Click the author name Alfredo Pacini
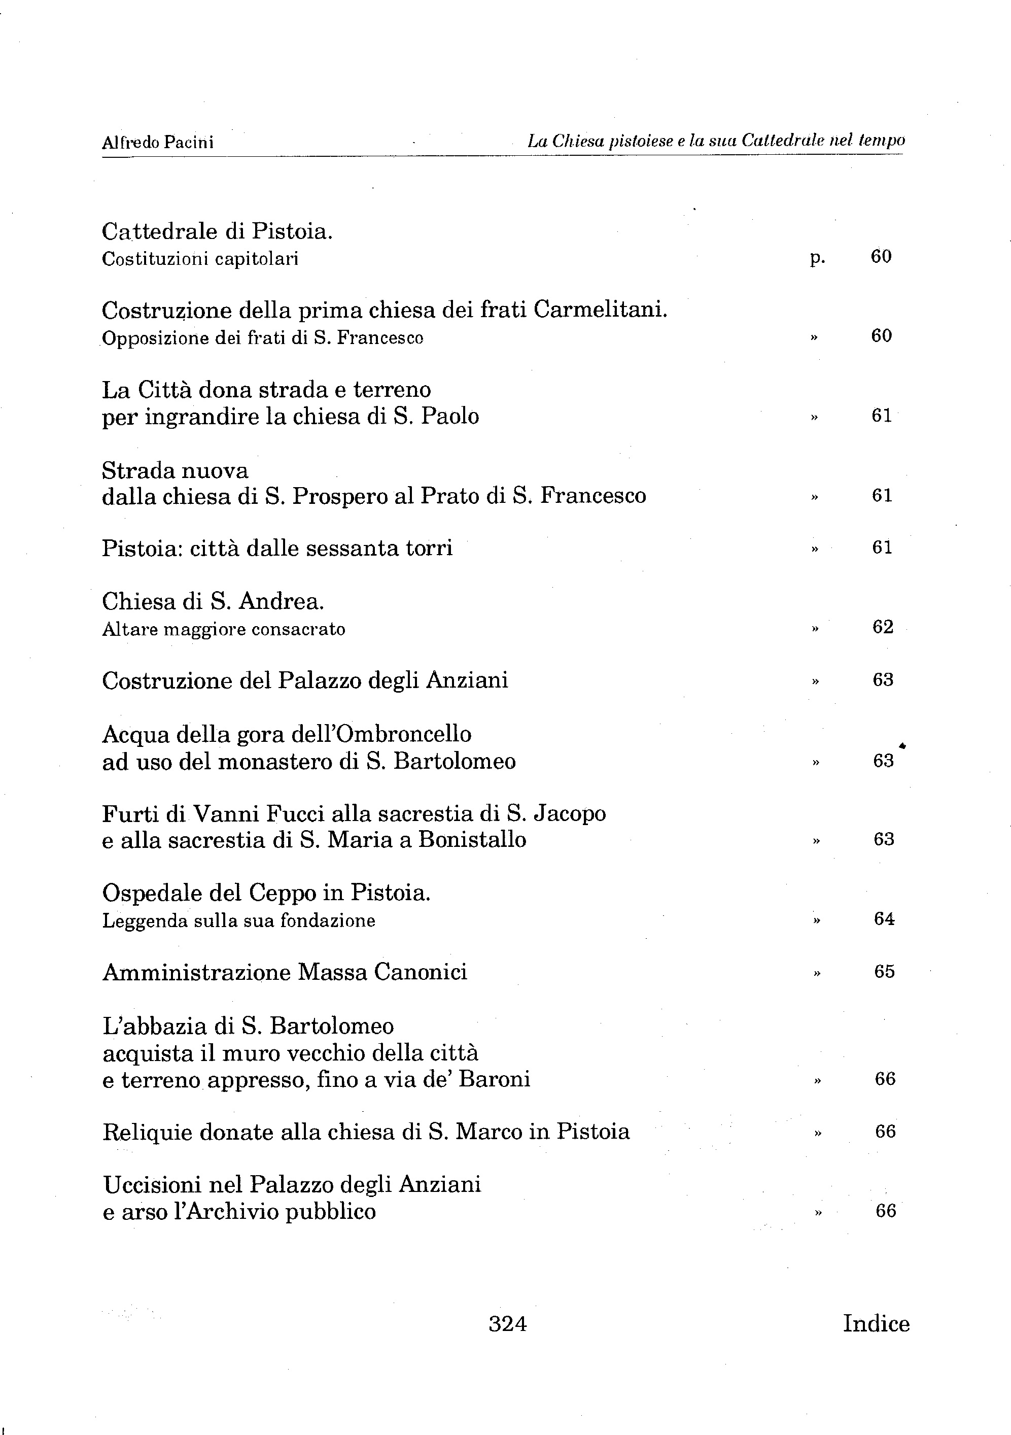157,143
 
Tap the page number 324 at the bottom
507,1323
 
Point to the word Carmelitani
601,310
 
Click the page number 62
882,627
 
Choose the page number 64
884,919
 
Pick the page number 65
884,971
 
